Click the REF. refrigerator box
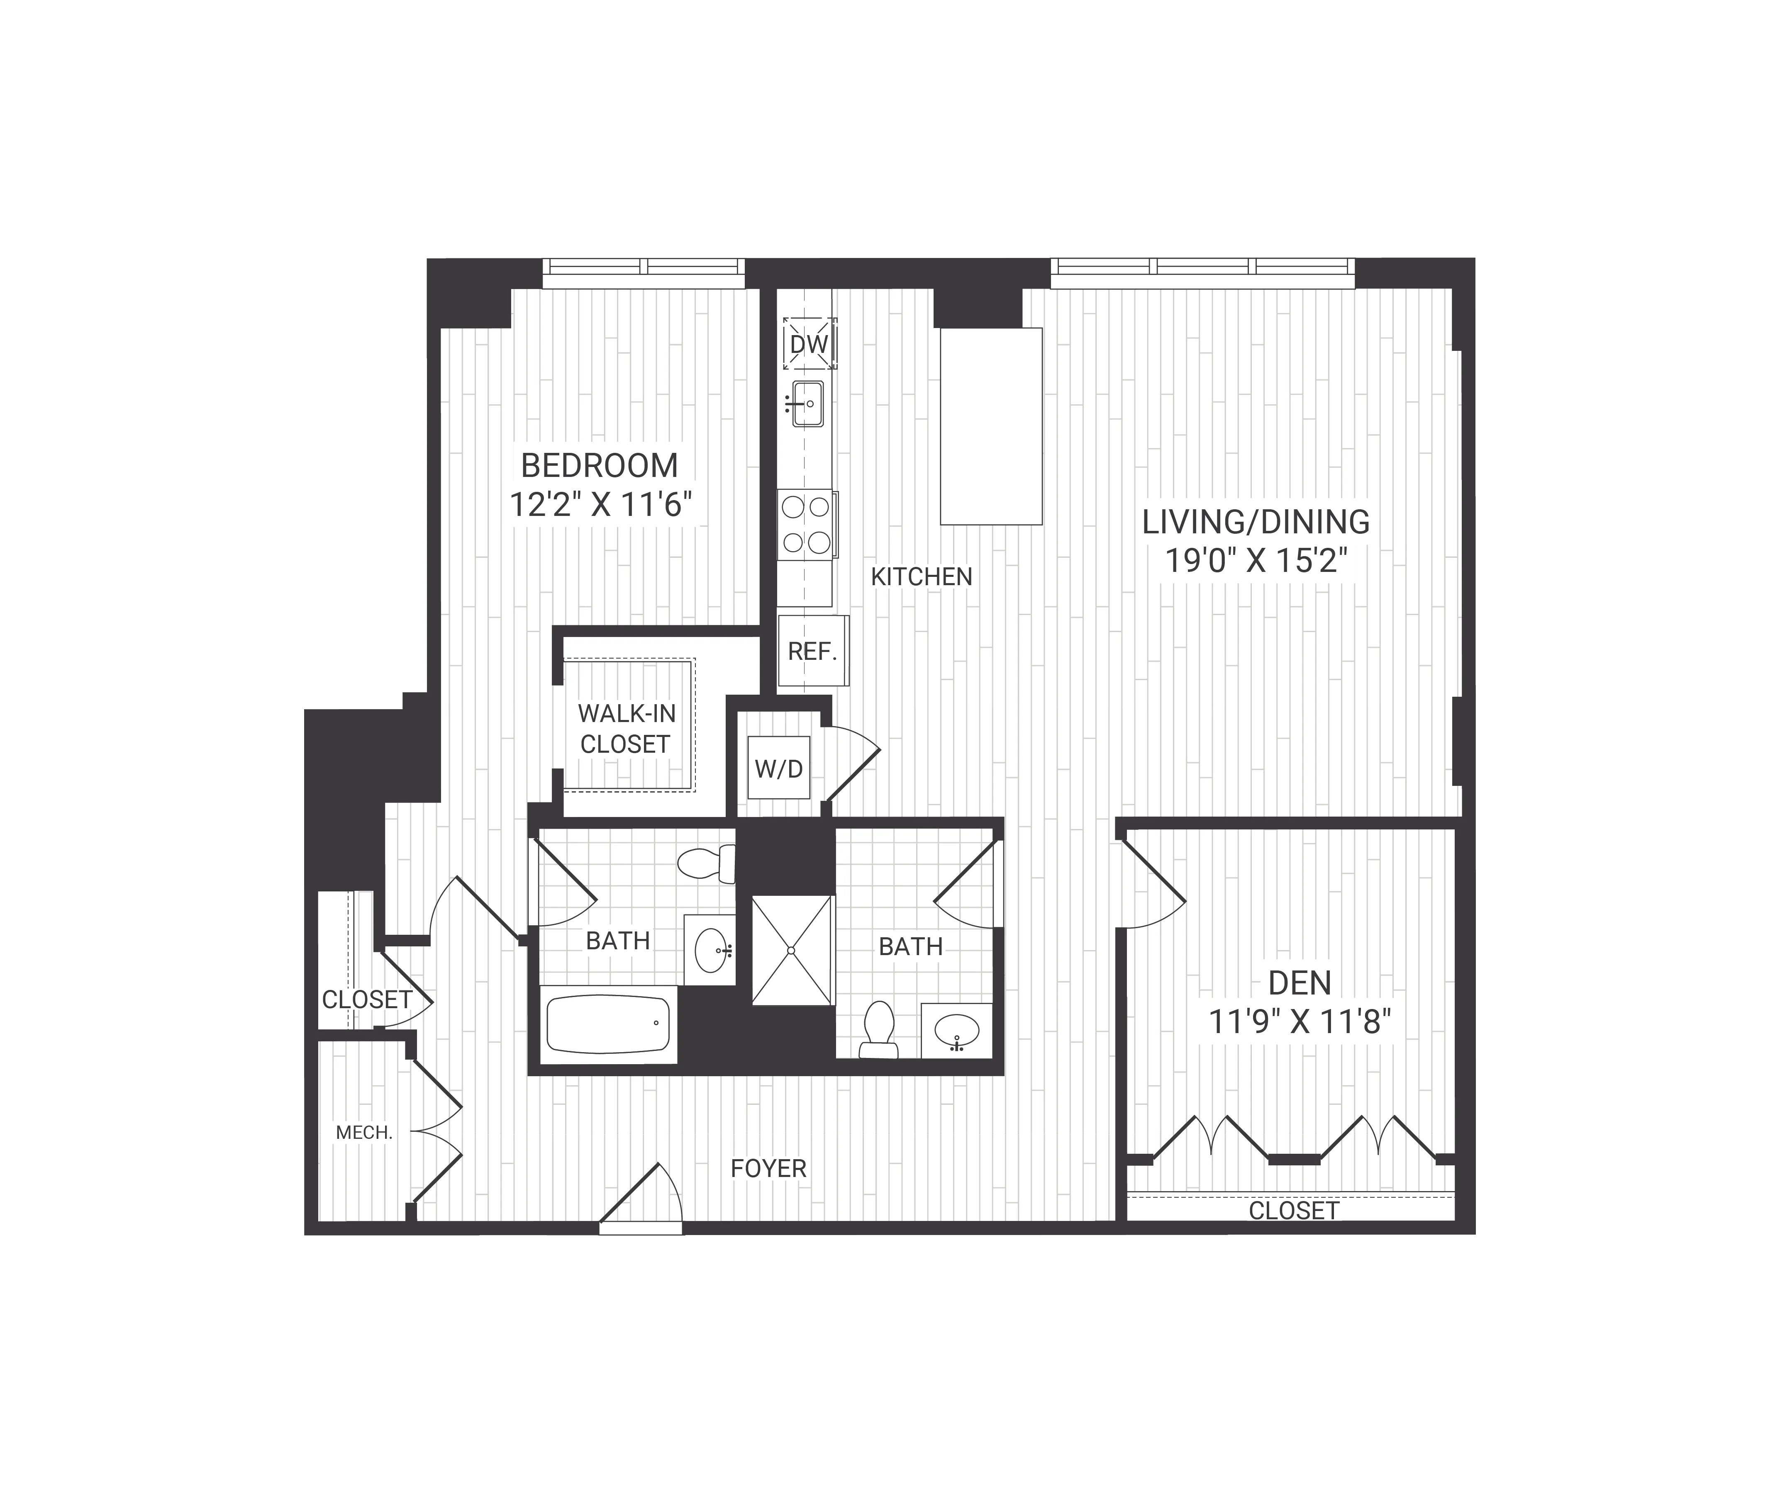tap(812, 651)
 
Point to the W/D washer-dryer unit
tap(778, 768)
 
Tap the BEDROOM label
tap(599, 465)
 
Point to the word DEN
tap(1300, 983)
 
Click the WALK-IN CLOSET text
tap(627, 729)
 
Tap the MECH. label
tap(364, 1132)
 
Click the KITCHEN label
tap(922, 577)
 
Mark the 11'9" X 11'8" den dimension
tap(1300, 1023)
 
